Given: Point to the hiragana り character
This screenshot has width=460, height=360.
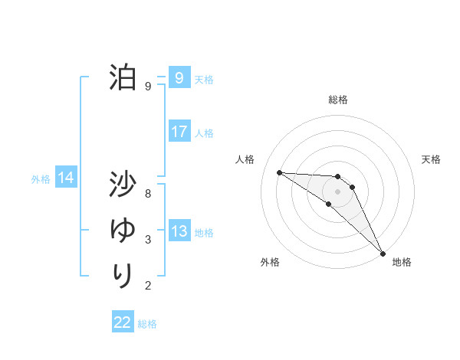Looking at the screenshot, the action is (x=122, y=274).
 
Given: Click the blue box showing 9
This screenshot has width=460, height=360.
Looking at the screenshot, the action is (x=179, y=77).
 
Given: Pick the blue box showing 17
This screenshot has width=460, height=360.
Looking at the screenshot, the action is (x=179, y=132).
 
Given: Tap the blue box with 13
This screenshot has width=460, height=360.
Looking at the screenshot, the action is (x=179, y=231).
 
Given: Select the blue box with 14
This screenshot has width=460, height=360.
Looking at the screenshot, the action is (x=66, y=178).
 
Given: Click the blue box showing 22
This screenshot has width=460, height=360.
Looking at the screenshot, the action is (x=123, y=322).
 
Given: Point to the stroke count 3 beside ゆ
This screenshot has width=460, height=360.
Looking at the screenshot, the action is (x=148, y=240).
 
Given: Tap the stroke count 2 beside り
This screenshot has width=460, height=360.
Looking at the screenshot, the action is (x=148, y=286).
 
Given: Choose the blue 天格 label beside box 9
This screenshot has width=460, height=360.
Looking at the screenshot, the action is (x=204, y=80).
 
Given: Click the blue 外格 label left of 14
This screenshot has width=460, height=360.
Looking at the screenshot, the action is (x=41, y=179).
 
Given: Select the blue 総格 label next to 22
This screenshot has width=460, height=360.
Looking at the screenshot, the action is (x=147, y=324).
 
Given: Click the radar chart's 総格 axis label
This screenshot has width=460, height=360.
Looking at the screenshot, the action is (x=338, y=100).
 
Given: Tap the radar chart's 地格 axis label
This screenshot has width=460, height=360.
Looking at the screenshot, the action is (x=402, y=263).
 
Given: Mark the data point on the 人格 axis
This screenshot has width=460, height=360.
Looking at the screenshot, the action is (x=279, y=172).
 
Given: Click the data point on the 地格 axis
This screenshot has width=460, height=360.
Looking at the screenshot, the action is (x=383, y=252).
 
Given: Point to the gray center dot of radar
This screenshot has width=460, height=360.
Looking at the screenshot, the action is (x=338, y=191).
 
